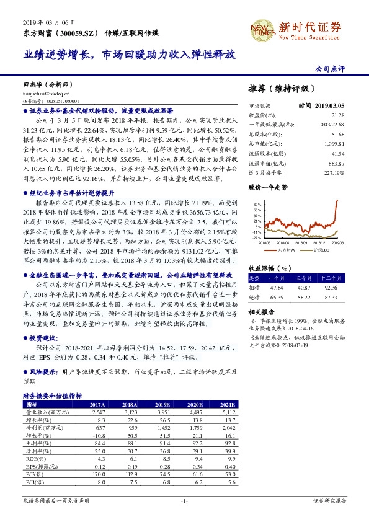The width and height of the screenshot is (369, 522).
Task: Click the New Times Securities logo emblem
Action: (x=262, y=29)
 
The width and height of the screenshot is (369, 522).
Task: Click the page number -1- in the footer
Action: (x=184, y=500)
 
